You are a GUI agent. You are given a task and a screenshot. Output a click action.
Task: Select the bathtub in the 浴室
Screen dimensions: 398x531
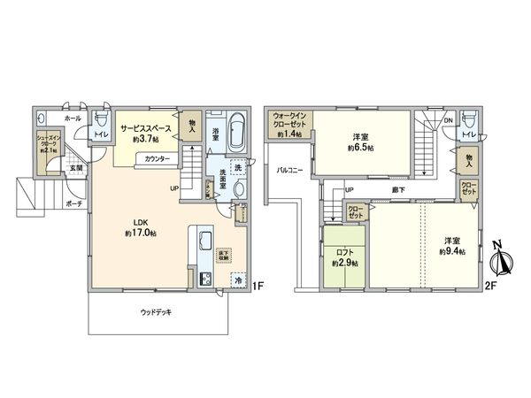coord(236,132)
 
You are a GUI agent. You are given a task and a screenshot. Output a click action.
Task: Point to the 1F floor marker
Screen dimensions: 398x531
coord(258,285)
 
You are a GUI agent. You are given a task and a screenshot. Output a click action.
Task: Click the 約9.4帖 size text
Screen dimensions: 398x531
coord(451,251)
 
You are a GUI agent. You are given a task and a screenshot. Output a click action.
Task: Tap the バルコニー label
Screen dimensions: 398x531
coord(289,168)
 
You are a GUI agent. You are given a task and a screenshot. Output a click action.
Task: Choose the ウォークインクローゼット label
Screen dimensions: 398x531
coord(290,119)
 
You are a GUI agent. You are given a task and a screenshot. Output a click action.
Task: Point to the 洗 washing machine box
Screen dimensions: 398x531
coord(238,167)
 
